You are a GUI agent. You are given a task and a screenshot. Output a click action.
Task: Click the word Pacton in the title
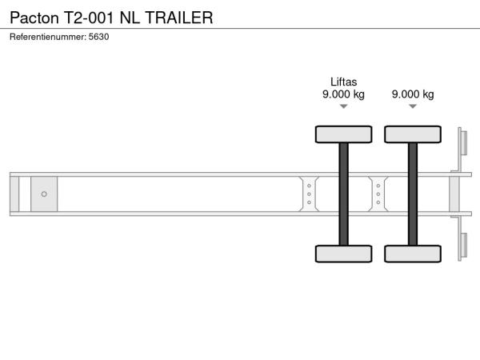click(34, 18)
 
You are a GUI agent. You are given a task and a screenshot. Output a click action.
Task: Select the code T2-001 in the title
click(89, 18)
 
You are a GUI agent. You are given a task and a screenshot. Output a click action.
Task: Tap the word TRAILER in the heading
click(179, 18)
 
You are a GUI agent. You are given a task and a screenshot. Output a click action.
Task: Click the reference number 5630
click(98, 37)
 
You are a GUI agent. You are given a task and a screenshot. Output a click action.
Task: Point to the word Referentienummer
click(48, 37)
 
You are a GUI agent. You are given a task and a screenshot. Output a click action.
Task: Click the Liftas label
click(343, 82)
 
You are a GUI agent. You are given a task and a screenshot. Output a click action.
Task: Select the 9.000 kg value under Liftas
click(343, 94)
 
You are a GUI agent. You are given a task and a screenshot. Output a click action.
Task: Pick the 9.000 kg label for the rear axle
click(413, 94)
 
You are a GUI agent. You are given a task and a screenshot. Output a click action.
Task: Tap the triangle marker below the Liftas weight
click(343, 106)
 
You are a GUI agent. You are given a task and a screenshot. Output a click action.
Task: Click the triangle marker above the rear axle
click(413, 106)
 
